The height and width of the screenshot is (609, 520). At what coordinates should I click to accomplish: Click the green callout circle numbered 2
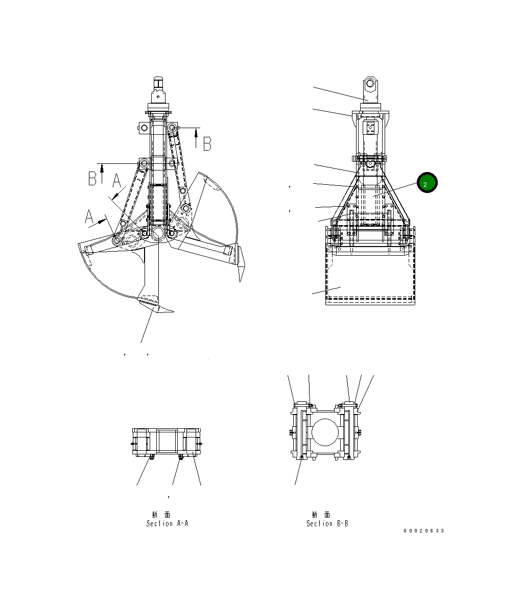tap(427, 183)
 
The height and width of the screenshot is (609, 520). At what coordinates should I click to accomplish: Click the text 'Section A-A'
tap(167, 524)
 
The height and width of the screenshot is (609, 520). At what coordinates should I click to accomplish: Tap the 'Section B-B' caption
tap(327, 524)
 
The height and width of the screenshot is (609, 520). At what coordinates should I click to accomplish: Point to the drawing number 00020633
tap(423, 530)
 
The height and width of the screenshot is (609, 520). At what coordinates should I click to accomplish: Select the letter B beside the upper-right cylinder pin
tap(207, 144)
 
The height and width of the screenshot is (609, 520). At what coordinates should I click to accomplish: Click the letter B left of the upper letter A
tap(92, 179)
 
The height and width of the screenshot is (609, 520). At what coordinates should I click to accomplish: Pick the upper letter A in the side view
tap(116, 181)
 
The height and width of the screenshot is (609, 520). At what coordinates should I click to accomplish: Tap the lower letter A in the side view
tap(89, 217)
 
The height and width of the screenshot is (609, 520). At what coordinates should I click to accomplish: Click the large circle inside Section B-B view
tap(326, 432)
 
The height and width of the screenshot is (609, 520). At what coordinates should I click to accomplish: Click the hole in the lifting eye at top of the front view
tap(370, 84)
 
